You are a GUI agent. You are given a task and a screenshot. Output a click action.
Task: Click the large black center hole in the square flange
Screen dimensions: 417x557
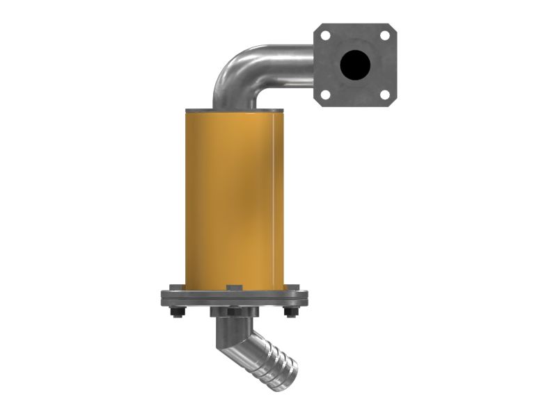[355, 65]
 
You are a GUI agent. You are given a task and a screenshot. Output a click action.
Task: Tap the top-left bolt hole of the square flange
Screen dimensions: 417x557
[325, 35]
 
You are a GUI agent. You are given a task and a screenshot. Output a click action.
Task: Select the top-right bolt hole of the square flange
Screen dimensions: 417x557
[384, 35]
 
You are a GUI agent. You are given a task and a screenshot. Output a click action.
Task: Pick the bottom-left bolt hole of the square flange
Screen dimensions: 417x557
[325, 95]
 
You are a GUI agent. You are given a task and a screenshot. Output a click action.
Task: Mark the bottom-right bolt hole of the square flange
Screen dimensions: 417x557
[384, 95]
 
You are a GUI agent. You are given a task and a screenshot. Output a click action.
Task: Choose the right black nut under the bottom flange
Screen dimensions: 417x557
[291, 313]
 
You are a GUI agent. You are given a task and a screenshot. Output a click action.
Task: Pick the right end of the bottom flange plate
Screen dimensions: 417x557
[302, 298]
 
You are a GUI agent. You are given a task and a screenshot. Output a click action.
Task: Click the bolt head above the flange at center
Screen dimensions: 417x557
[234, 287]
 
